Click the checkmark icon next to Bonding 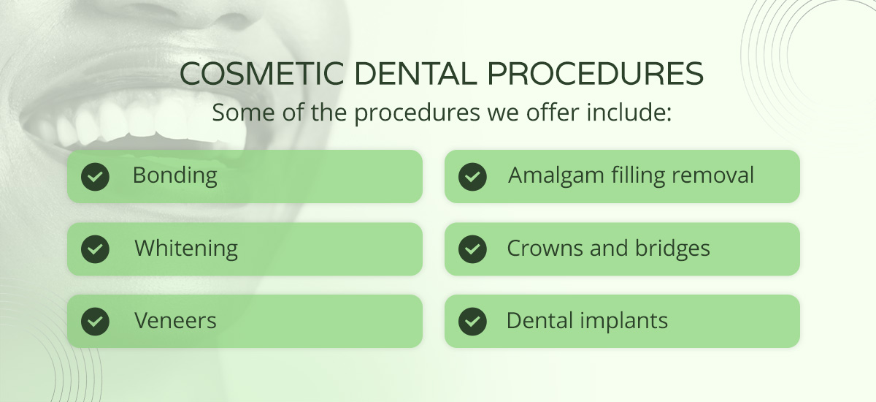coord(95,176)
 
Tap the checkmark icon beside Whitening coord(95,249)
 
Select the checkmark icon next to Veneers coord(95,321)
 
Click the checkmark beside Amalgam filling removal coord(472,176)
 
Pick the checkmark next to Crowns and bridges coord(472,249)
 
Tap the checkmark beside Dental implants coord(472,321)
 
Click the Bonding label coord(175,176)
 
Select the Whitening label coord(186,249)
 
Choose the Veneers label coord(175,321)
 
